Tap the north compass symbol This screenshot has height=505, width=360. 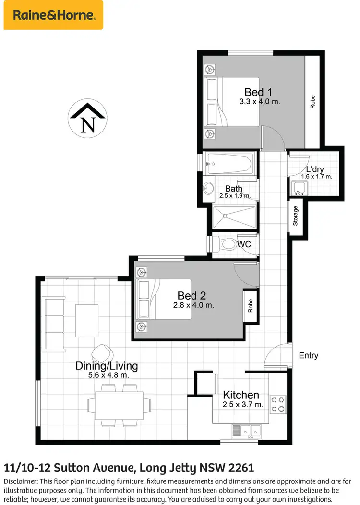[x=87, y=119]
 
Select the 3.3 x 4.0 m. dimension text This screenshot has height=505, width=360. [x=260, y=102]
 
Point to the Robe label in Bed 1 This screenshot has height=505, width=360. [x=312, y=101]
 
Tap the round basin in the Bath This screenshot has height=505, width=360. [x=209, y=189]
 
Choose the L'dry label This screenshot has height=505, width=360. [x=316, y=169]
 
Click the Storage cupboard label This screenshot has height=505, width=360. [x=296, y=216]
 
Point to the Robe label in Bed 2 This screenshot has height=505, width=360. [x=251, y=306]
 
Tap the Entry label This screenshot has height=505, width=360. [x=308, y=356]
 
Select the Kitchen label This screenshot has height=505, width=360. [x=241, y=395]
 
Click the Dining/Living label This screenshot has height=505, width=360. [x=107, y=366]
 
